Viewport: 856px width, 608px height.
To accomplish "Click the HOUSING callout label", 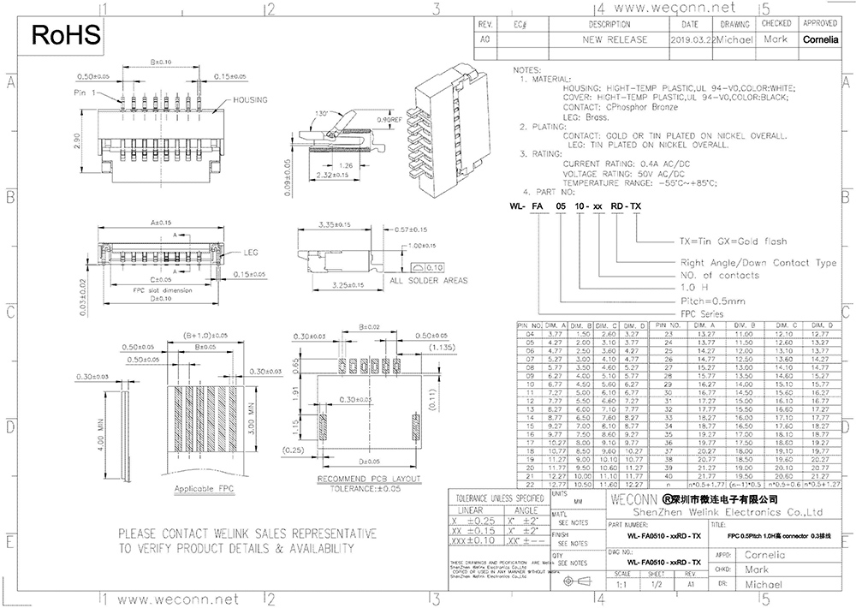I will [x=249, y=100].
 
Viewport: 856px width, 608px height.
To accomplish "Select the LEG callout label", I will [x=251, y=253].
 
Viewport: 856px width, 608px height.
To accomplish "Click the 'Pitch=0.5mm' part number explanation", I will [x=713, y=301].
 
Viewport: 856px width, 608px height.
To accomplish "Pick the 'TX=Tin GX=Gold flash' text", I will [x=733, y=241].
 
